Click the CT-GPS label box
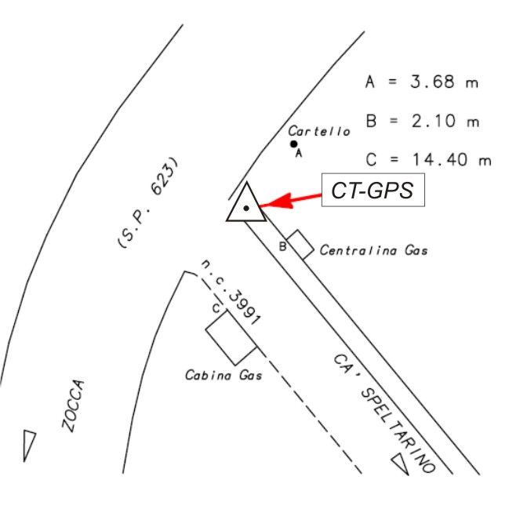click(x=373, y=191)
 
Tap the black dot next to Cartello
click(x=293, y=144)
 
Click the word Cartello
click(x=318, y=131)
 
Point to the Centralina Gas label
click(x=374, y=251)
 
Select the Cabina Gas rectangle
click(x=231, y=335)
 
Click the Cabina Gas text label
click(x=223, y=375)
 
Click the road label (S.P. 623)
click(x=148, y=205)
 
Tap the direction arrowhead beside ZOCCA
click(x=30, y=444)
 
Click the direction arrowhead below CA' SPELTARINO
click(x=400, y=464)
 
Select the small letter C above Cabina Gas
click(x=215, y=308)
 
